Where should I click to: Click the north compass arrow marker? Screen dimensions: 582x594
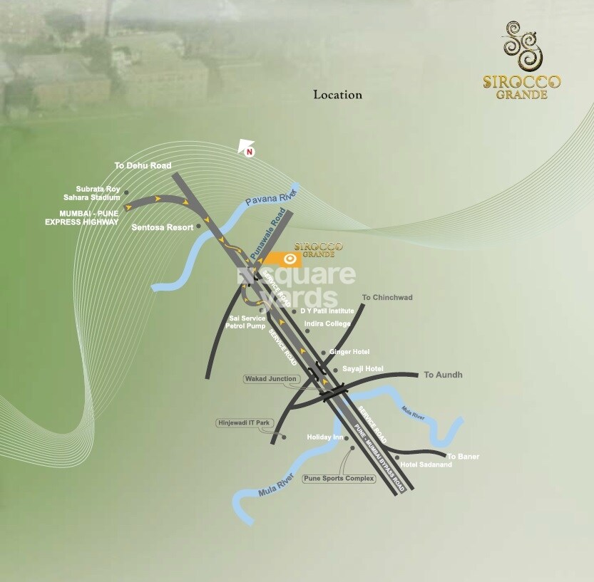pyautogui.click(x=247, y=147)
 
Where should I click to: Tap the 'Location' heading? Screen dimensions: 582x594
pyautogui.click(x=338, y=94)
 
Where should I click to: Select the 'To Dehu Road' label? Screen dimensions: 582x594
pyautogui.click(x=143, y=165)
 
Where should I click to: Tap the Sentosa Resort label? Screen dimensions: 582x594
pyautogui.click(x=163, y=227)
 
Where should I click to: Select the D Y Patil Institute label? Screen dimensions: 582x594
pyautogui.click(x=327, y=311)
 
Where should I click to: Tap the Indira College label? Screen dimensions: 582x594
pyautogui.click(x=327, y=324)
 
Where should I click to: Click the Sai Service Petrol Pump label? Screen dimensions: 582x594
pyautogui.click(x=246, y=322)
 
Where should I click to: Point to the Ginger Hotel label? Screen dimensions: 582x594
pyautogui.click(x=349, y=352)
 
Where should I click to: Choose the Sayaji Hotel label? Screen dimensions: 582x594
pyautogui.click(x=362, y=368)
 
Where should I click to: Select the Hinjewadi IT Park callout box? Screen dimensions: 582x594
pyautogui.click(x=244, y=423)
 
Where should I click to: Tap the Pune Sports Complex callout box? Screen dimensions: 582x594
pyautogui.click(x=339, y=479)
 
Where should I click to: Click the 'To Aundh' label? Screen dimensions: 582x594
pyautogui.click(x=443, y=375)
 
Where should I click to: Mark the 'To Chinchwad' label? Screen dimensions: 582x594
pyautogui.click(x=387, y=297)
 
